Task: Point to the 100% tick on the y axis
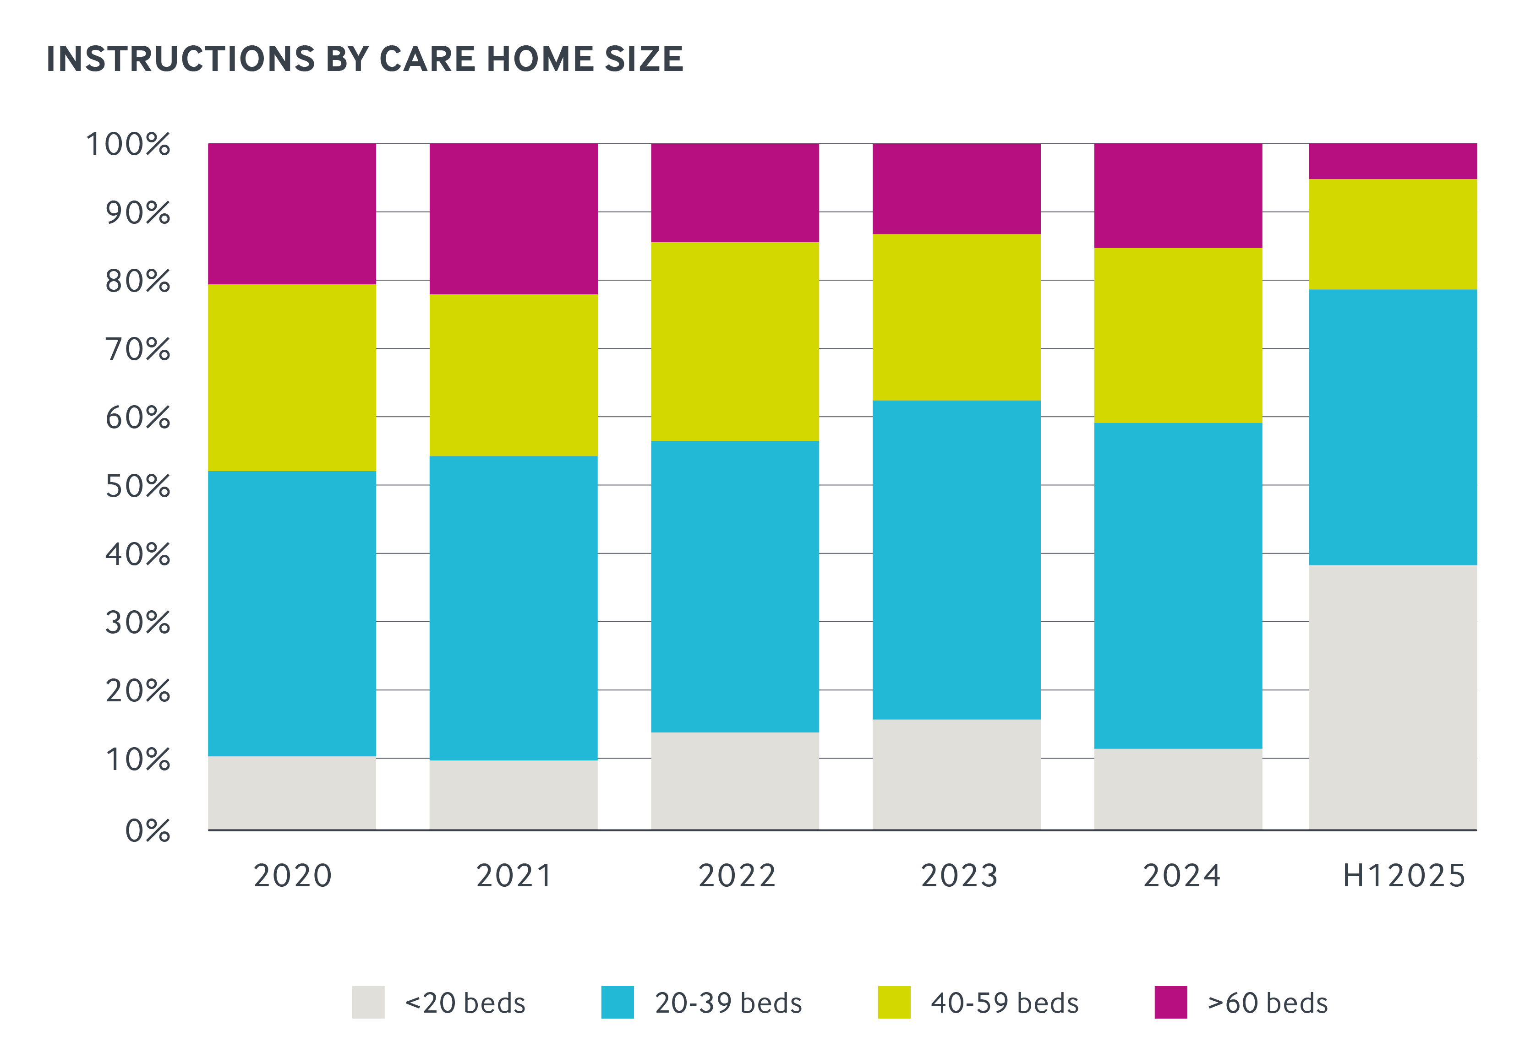click(128, 144)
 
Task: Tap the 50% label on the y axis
click(137, 487)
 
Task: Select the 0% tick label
click(148, 830)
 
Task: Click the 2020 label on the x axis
click(292, 875)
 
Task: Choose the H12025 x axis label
click(1404, 875)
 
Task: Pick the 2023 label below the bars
click(959, 875)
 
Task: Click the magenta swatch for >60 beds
click(1170, 1002)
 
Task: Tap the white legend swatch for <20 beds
click(368, 1002)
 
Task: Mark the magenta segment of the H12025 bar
click(1393, 161)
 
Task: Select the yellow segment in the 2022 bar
click(735, 341)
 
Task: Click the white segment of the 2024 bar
click(1178, 788)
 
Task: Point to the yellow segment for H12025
click(1393, 234)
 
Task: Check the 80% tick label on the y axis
click(137, 282)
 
